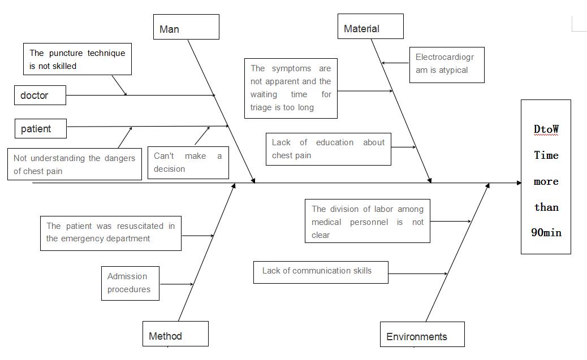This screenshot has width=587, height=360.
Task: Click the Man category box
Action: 186,27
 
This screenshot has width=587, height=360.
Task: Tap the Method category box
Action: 175,334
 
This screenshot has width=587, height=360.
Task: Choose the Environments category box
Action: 422,335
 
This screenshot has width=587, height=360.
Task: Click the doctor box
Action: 40,95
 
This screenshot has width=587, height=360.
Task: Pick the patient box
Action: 41,128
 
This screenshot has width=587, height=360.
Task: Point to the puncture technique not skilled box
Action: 77,59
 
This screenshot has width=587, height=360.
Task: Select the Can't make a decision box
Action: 188,163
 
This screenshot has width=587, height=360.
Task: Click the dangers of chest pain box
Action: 75,164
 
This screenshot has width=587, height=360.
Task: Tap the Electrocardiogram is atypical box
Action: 447,64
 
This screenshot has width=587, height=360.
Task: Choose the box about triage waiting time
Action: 291,88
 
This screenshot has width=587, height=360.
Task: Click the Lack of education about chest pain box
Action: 328,149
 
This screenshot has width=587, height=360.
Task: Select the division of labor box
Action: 367,222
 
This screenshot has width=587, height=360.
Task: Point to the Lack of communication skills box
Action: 321,271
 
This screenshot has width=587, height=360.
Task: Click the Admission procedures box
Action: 130,283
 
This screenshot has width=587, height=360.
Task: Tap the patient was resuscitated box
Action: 111,232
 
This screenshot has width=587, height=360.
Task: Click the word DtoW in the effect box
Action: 546,129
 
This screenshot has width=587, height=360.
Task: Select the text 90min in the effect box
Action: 546,232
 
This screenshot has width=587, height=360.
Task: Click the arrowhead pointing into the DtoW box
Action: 519,183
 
